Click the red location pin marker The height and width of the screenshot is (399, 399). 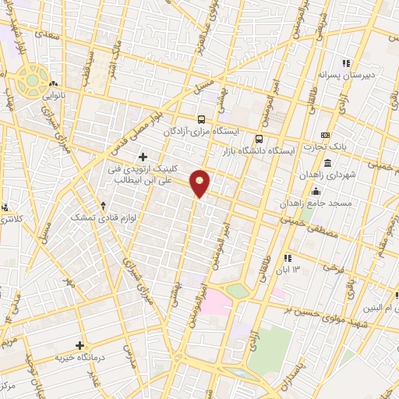click(x=200, y=183)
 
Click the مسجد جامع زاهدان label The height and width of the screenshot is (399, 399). click(x=319, y=202)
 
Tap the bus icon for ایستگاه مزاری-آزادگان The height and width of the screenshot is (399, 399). click(x=202, y=119)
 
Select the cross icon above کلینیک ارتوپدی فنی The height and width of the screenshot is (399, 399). click(x=143, y=157)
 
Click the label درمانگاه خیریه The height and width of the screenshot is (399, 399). click(x=79, y=357)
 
